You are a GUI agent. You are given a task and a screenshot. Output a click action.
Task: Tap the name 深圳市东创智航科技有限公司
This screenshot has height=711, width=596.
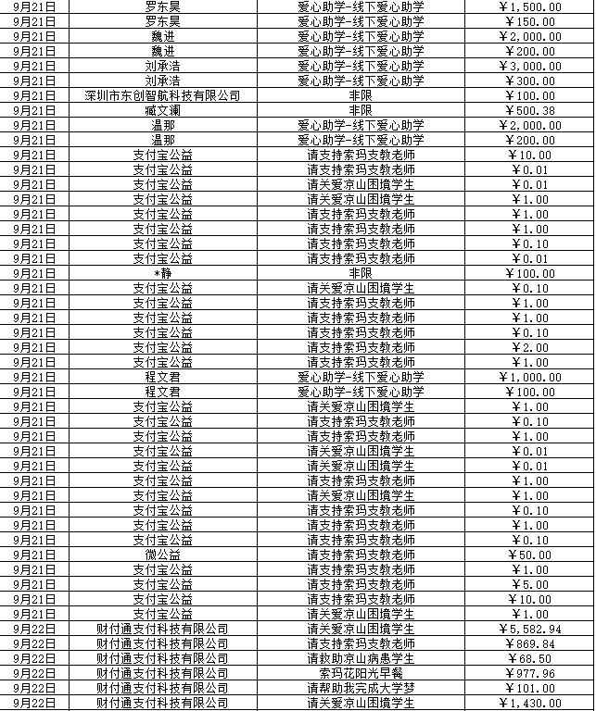tap(162, 95)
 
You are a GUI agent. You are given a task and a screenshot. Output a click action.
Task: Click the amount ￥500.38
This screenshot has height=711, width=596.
tap(529, 110)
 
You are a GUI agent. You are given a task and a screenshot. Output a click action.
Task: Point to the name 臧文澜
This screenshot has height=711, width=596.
tap(162, 110)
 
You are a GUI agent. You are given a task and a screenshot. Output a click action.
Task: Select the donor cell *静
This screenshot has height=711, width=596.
tap(162, 273)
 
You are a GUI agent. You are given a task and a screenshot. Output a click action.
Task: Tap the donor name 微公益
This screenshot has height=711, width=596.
tap(162, 555)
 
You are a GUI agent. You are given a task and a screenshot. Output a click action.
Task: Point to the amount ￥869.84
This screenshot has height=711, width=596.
tap(529, 643)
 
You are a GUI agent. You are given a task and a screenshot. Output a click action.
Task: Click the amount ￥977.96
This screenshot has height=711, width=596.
tap(529, 673)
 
